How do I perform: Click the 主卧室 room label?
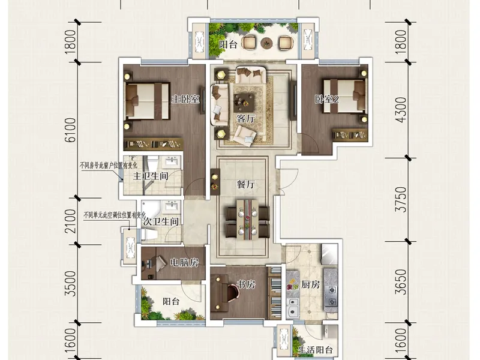[185, 99]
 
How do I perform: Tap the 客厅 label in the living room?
[245, 118]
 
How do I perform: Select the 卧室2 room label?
[327, 99]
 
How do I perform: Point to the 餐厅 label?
[245, 184]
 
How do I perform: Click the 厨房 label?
[310, 284]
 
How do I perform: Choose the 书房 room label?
[246, 284]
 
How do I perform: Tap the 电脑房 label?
[184, 263]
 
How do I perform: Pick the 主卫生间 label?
[151, 176]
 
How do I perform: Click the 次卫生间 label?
[161, 221]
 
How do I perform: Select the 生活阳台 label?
[316, 350]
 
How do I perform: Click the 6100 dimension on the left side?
[71, 130]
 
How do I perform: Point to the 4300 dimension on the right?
[401, 110]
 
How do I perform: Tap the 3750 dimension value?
[401, 200]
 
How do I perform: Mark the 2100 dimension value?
[71, 221]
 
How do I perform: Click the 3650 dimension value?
[401, 282]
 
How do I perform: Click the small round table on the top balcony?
[266, 43]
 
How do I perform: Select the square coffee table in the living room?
[244, 103]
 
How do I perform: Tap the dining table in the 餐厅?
[248, 218]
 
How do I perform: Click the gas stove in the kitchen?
[332, 296]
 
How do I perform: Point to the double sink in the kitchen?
[293, 307]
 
